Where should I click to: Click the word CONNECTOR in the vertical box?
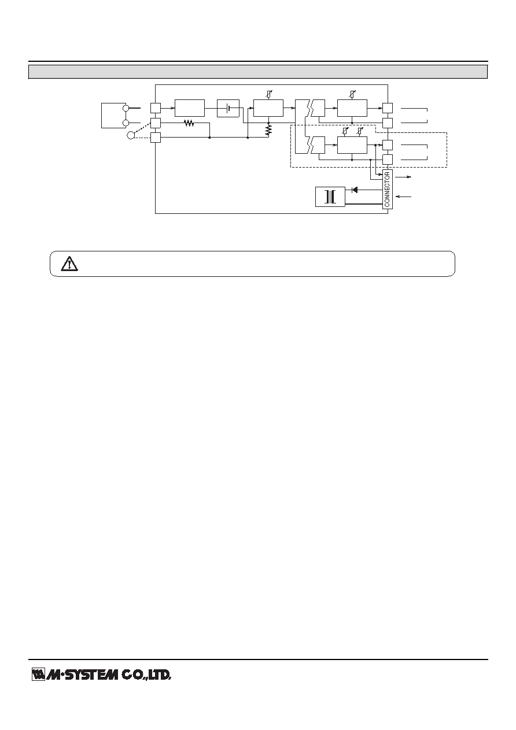pos(387,190)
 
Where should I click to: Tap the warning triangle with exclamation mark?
pos(69,264)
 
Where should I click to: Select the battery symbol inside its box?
pos(228,108)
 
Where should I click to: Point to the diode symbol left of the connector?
pos(355,190)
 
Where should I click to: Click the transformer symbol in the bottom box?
pos(330,197)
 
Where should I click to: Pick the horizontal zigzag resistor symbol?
pos(189,123)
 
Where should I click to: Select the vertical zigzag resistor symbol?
pos(268,130)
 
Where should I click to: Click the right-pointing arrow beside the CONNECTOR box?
pos(403,177)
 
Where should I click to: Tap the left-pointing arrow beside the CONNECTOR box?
pos(403,197)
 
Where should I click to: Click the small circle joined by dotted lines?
pos(131,135)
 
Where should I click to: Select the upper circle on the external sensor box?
pos(126,108)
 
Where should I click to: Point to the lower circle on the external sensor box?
pos(126,123)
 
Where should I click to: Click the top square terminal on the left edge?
pos(156,108)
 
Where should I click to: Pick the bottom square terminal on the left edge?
pos(156,138)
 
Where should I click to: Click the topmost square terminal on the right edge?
pos(388,108)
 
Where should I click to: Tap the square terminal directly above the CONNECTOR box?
pos(388,160)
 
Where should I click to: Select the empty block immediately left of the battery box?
pos(190,108)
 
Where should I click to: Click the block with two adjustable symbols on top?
pos(352,145)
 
